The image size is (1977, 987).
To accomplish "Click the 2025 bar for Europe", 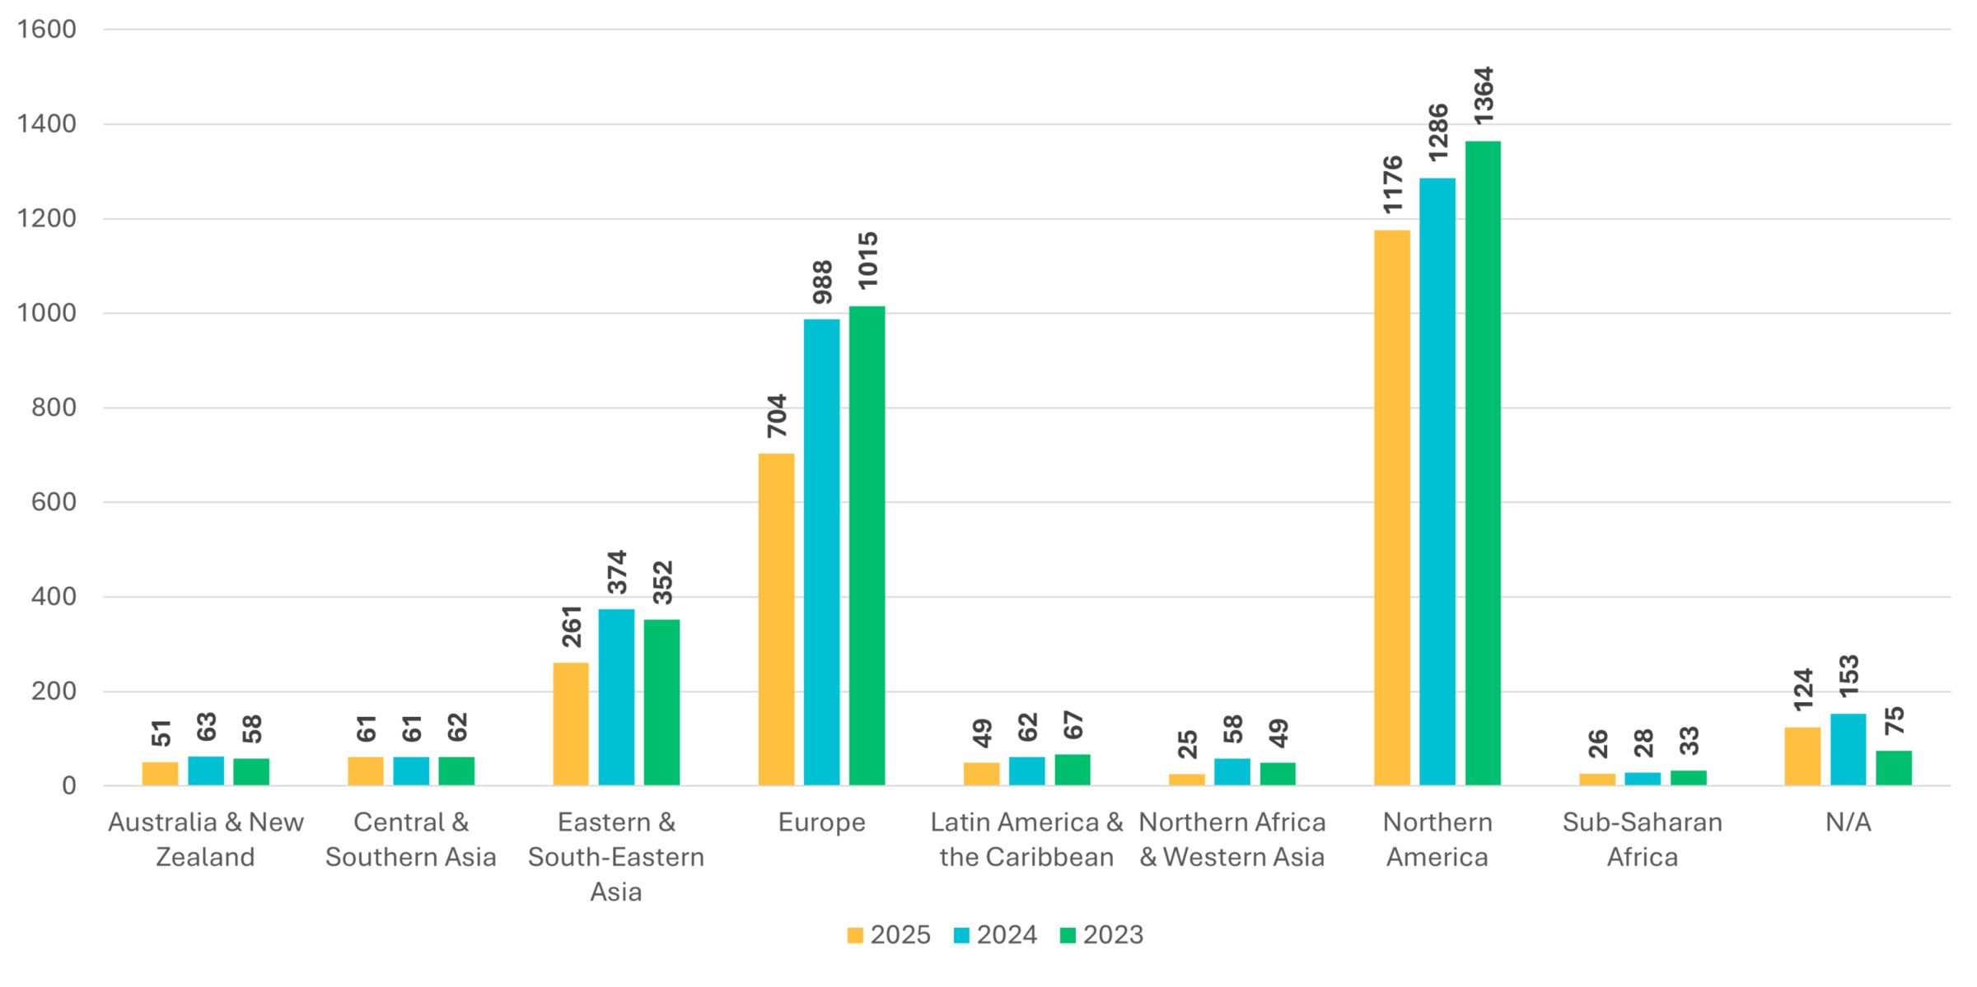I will (x=776, y=619).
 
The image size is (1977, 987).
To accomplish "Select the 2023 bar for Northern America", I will (x=1482, y=463).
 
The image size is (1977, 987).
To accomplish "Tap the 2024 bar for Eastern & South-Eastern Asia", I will (x=616, y=696).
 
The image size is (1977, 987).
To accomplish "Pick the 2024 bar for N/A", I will (x=1848, y=749).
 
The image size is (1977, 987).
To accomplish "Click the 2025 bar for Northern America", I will (x=1391, y=507).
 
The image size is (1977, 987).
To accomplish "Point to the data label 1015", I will (x=867, y=261).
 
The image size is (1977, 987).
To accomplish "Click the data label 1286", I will (x=1437, y=133).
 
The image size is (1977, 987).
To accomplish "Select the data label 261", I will (x=572, y=626).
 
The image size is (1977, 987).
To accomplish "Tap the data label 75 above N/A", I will (x=1894, y=721).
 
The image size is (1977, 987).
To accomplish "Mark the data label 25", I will (x=1187, y=744).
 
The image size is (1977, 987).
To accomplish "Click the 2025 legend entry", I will (x=889, y=935).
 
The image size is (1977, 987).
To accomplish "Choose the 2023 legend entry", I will (x=1101, y=935).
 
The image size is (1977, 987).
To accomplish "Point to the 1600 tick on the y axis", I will (x=46, y=30).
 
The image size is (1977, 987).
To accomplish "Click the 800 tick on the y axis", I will (x=54, y=407).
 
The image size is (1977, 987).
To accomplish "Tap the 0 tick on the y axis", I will (x=68, y=785).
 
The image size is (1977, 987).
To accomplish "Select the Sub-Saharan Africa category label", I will (x=1642, y=839).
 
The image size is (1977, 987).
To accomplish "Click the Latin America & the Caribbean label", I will (x=1026, y=839).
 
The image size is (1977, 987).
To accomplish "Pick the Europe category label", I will (x=821, y=822).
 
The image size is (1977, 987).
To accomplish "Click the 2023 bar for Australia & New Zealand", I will (x=251, y=772).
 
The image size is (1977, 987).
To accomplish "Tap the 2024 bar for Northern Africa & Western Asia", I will (x=1232, y=772).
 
